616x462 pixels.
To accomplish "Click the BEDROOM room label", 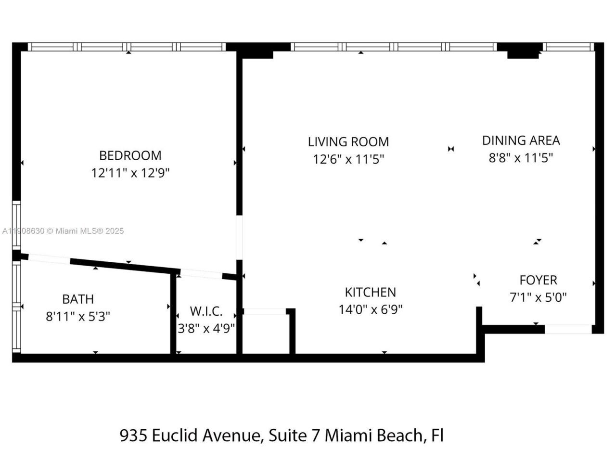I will (x=130, y=155).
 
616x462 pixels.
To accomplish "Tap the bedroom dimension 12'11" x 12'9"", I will (x=130, y=173).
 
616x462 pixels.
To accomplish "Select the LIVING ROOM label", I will (x=348, y=142).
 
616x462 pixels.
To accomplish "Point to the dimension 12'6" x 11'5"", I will (x=348, y=159).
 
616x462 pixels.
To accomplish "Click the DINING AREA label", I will (x=521, y=141).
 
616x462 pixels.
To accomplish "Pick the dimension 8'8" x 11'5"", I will (x=521, y=158).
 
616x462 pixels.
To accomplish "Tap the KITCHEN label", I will (x=370, y=292).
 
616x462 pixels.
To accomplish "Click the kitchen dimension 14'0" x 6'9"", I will (x=370, y=309).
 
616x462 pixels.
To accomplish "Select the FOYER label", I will (x=538, y=280).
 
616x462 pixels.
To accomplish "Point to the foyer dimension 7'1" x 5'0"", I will (x=538, y=297).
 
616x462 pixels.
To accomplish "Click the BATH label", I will (x=78, y=299).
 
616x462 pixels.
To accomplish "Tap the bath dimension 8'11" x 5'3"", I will (x=78, y=317).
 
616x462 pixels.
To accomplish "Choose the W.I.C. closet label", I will (x=206, y=311).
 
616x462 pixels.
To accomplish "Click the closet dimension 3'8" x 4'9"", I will (x=206, y=329).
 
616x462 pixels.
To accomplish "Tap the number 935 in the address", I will (x=133, y=436).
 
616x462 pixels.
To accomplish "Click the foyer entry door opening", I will (x=568, y=329).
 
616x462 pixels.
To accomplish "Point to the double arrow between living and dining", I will (x=451, y=149).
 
